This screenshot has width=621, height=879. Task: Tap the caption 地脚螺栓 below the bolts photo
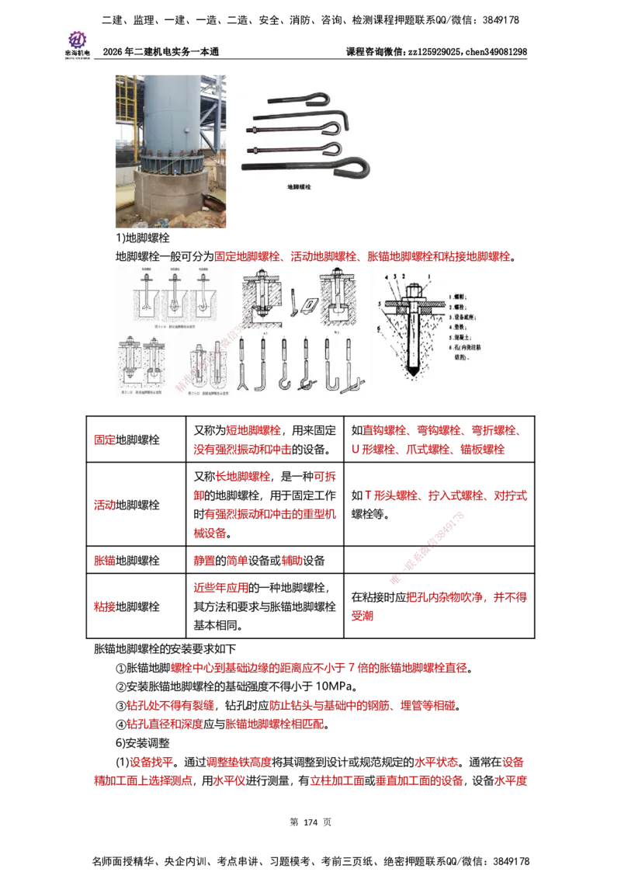[298, 187]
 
